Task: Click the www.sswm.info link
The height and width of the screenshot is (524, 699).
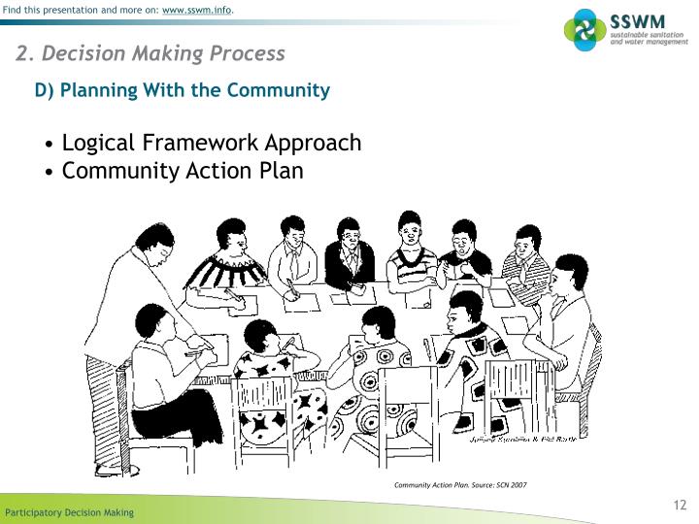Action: pyautogui.click(x=196, y=10)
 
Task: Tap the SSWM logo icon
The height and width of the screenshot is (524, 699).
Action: pyautogui.click(x=584, y=29)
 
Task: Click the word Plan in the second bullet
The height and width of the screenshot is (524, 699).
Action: pyautogui.click(x=281, y=171)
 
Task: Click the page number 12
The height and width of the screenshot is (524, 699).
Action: pyautogui.click(x=680, y=505)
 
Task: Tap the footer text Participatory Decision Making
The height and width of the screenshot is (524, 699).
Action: pyautogui.click(x=70, y=512)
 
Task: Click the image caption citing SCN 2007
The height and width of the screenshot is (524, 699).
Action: pyautogui.click(x=460, y=484)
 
